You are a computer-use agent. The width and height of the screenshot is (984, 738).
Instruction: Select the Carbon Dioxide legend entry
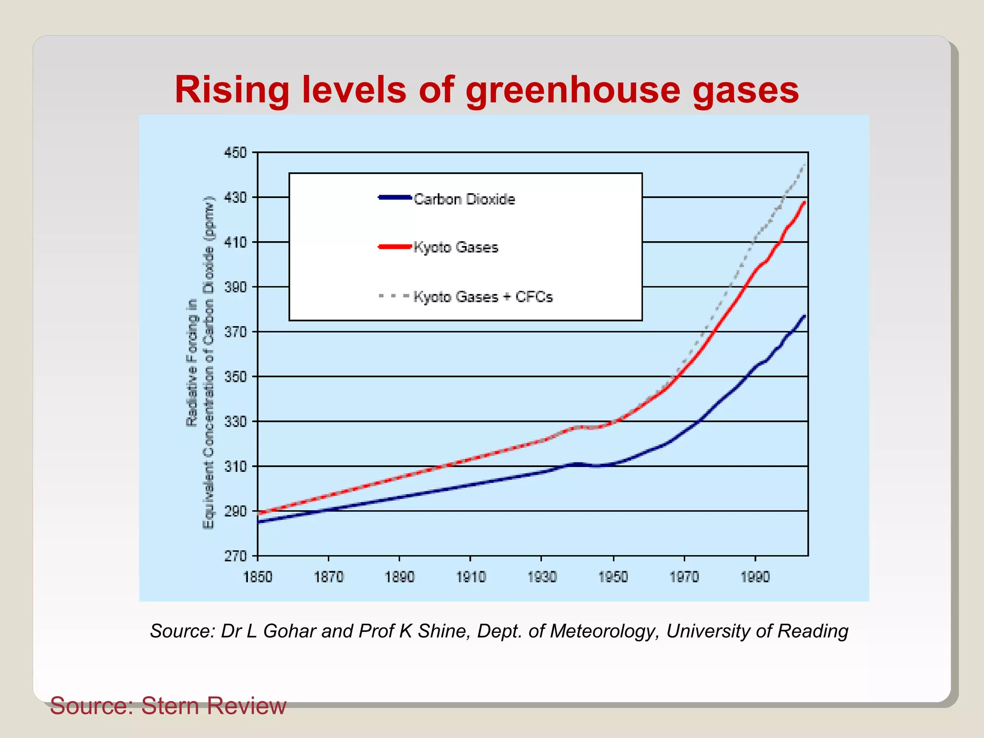click(x=464, y=199)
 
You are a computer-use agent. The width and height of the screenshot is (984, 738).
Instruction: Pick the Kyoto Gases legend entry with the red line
click(x=455, y=247)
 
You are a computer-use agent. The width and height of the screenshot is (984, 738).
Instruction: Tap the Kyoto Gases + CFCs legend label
click(x=483, y=297)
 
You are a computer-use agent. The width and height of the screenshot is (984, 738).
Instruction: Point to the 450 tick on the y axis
click(x=235, y=153)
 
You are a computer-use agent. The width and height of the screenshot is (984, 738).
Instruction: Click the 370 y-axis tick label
click(x=235, y=332)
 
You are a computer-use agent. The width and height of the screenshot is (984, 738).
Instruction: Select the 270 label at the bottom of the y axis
click(x=235, y=556)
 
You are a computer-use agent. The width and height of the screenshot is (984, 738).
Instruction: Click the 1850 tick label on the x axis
click(x=258, y=577)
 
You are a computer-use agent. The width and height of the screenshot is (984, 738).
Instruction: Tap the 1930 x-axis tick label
click(x=542, y=577)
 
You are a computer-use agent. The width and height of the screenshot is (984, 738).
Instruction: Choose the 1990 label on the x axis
click(x=755, y=577)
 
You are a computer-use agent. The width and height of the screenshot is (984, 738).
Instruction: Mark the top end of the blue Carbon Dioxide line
click(x=805, y=316)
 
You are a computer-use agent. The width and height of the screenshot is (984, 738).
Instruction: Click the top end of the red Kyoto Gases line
click(x=805, y=202)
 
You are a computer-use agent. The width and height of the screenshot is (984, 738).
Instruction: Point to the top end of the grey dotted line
click(x=805, y=165)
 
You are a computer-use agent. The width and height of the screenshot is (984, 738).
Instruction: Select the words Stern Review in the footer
click(x=213, y=706)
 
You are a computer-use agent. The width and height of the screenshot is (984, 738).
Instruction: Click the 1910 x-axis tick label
click(x=471, y=577)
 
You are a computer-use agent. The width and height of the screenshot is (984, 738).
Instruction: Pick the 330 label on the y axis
click(x=235, y=422)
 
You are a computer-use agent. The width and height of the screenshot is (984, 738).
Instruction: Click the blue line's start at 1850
click(x=258, y=521)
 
